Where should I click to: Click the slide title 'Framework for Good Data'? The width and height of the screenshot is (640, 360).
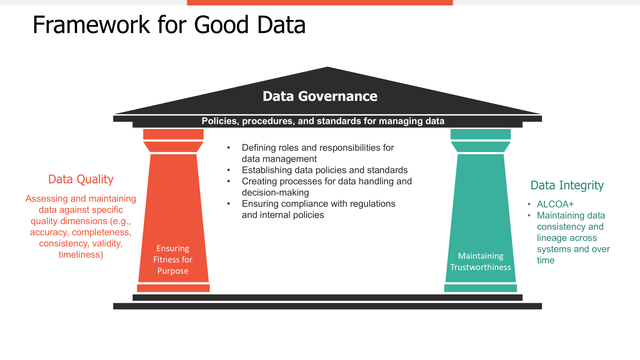click(169, 25)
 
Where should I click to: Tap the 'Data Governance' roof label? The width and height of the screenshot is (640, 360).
click(320, 96)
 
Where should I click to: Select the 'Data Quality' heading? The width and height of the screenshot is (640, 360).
click(81, 179)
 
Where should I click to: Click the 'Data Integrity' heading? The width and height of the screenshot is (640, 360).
click(567, 185)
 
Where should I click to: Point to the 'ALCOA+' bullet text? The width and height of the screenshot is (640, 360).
click(555, 204)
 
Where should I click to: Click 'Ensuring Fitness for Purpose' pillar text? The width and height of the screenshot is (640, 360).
click(173, 260)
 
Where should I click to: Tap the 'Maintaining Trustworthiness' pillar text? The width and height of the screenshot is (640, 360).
click(480, 262)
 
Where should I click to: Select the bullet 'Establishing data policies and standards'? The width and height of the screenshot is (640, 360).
click(324, 170)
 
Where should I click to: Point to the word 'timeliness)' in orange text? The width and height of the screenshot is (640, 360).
click(81, 255)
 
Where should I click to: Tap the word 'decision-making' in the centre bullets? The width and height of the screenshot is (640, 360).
click(275, 192)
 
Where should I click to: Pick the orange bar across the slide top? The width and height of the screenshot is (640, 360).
click(320, 2)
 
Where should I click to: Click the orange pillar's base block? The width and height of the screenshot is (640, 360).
click(173, 288)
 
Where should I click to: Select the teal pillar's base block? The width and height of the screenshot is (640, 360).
click(480, 288)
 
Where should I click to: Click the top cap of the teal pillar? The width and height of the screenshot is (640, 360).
click(480, 134)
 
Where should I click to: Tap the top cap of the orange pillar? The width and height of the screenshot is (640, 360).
click(173, 134)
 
